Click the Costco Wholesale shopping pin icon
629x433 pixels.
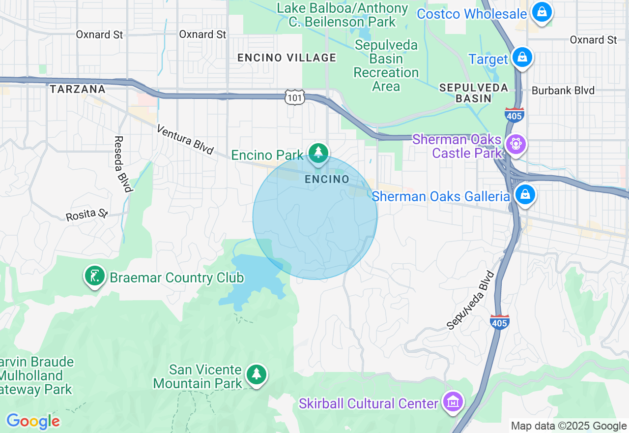542,13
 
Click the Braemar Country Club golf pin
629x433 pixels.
94,276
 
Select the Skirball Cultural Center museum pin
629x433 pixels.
453,402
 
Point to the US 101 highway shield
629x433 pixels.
295,97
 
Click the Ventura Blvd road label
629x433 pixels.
185,139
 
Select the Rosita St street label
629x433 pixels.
87,215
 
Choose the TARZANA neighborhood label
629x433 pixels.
78,89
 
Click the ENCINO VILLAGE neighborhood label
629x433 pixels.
287,58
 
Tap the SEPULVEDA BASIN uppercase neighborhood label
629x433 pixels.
466,93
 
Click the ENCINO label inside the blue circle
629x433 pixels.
327,179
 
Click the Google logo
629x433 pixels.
33,421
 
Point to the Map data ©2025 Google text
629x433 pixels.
569,426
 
